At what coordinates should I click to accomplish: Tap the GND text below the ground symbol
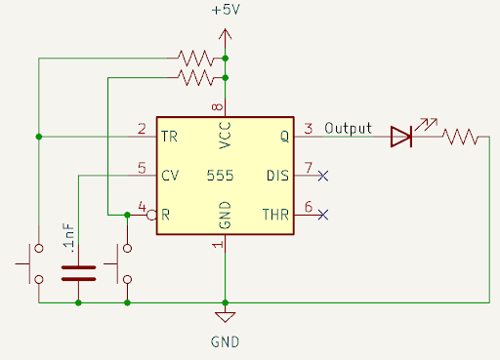click(225, 342)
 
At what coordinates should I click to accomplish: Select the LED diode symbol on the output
click(401, 137)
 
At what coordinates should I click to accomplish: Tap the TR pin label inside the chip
click(170, 138)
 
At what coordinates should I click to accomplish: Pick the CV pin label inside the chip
click(170, 177)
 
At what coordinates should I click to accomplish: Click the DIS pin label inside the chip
click(278, 177)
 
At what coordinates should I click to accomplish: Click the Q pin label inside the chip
click(284, 138)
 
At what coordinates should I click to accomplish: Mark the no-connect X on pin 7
click(323, 177)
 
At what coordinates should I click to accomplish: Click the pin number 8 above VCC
click(217, 106)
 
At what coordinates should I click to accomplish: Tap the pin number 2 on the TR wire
click(143, 129)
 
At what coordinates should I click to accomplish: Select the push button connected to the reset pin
click(122, 262)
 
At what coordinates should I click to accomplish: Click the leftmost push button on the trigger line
click(32, 262)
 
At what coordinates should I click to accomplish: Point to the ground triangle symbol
click(225, 317)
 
